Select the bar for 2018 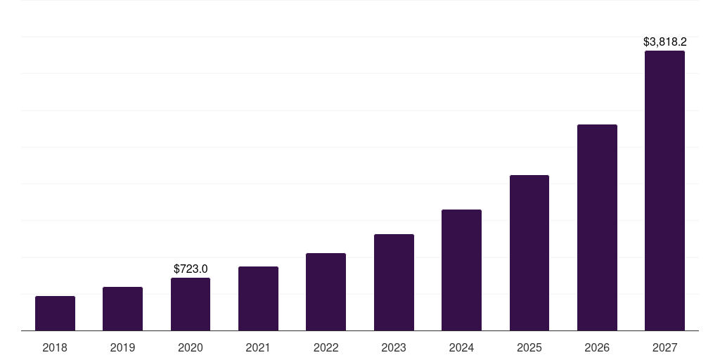coord(55,314)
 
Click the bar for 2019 coord(122,309)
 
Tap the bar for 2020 coord(191,304)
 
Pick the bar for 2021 coord(258,299)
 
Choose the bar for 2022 coord(326,292)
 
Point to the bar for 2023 coord(394,283)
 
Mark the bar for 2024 coord(461,270)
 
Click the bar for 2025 coord(529,253)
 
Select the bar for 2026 coord(597,228)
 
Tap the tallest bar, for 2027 coord(664,191)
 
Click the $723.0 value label coord(191,269)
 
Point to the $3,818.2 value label coord(664,42)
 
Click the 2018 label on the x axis coord(55,347)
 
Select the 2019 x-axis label coord(122,347)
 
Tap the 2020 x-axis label coord(191,347)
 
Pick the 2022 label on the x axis coord(326,347)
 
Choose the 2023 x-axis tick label coord(394,347)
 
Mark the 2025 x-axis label coord(529,347)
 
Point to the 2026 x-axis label coord(597,347)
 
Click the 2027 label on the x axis coord(664,347)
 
